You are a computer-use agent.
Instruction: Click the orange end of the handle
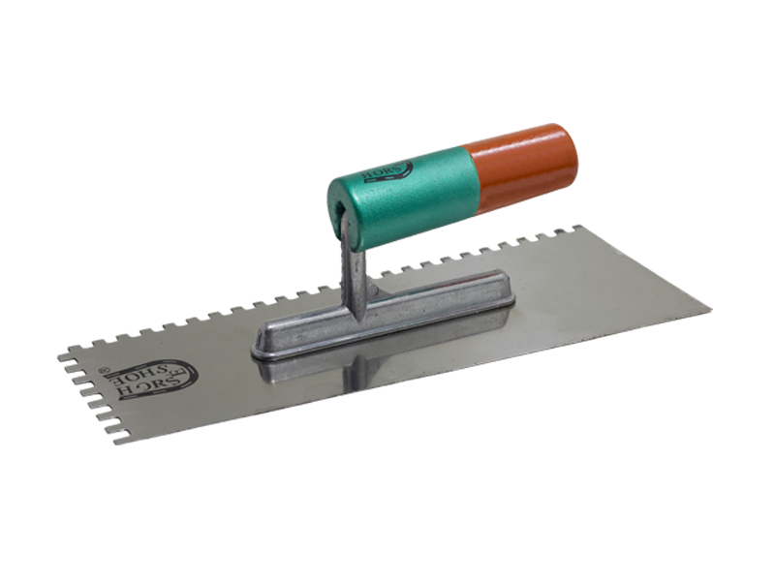pos(523,167)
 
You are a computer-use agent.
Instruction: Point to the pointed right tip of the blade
pos(709,312)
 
